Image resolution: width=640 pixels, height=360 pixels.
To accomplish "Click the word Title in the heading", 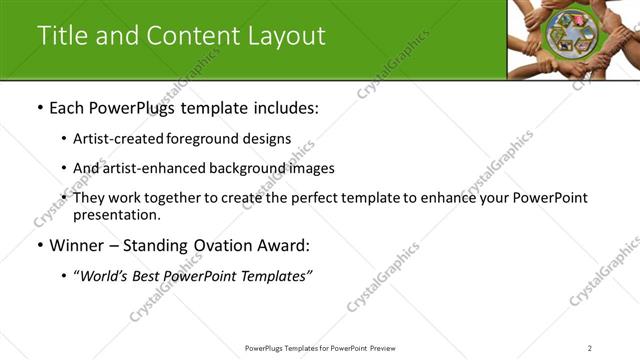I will [x=63, y=35].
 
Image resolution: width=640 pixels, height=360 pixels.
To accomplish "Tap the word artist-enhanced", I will [x=148, y=168].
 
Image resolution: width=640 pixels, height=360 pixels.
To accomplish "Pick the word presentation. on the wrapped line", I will [x=116, y=214].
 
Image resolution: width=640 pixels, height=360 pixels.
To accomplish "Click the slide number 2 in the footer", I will [x=590, y=347].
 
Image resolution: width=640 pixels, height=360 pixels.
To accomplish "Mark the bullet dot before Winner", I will [x=40, y=246].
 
